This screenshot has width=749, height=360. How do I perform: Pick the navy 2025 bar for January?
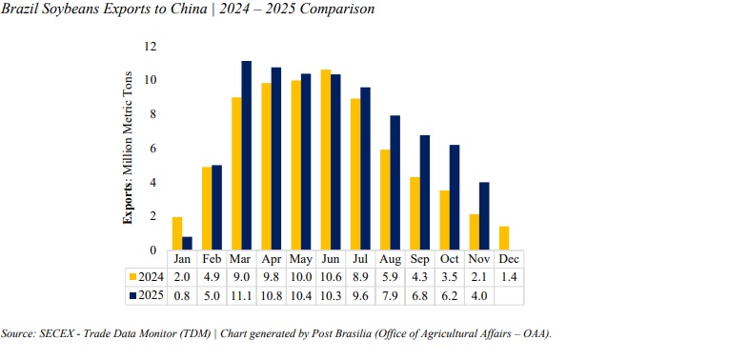[187, 243]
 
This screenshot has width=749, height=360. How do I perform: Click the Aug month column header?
[391, 259]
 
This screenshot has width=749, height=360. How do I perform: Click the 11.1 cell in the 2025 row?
[241, 294]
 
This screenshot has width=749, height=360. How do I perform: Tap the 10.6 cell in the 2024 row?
[331, 276]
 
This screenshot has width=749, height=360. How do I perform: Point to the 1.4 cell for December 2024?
[510, 276]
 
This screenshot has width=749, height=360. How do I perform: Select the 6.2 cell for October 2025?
[450, 294]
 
